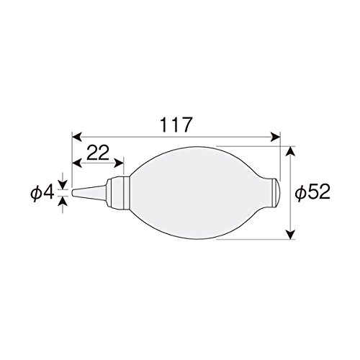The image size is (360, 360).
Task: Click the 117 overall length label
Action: [176, 125]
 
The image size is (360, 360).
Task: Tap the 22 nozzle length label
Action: [98, 153]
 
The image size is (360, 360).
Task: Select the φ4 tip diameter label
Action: [42, 194]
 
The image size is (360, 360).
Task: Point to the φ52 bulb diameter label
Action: [312, 192]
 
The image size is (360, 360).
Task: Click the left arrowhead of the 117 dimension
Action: [76, 138]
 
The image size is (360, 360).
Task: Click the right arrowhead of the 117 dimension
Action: [276, 138]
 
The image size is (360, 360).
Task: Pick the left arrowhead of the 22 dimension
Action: [76, 163]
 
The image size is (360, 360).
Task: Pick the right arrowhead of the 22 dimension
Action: [119, 163]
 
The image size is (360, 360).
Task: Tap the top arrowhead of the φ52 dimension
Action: [291, 151]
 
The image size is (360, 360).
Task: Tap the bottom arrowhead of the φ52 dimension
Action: [291, 235]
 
